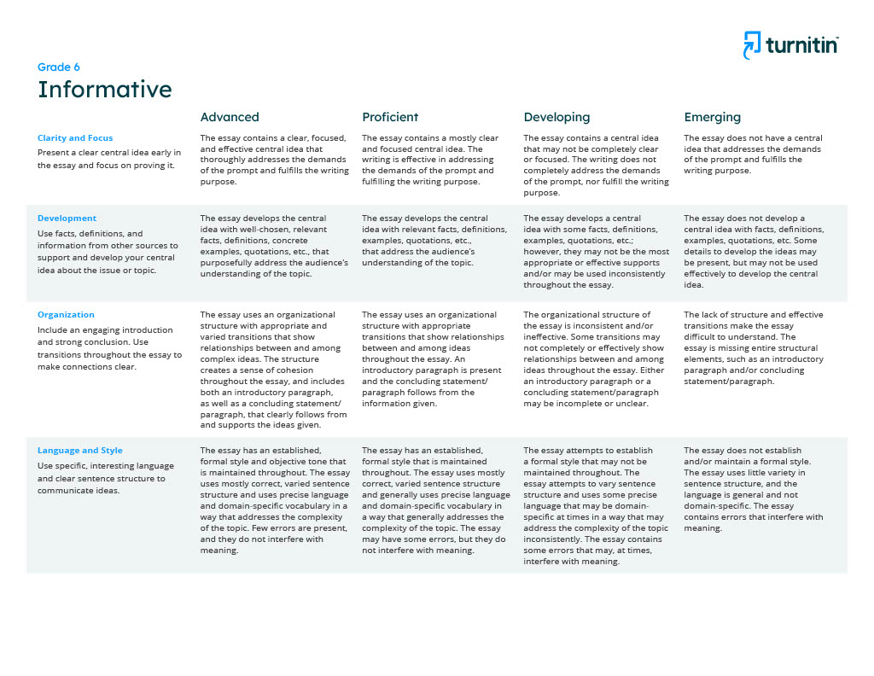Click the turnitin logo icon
coord(751,45)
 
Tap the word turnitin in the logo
coord(801,46)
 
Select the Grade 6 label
coord(59,67)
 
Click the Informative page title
coord(104,90)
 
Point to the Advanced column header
coord(230,117)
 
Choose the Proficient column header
coord(390,117)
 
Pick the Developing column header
coord(556,117)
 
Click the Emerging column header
coord(713,117)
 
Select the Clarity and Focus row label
coord(75,137)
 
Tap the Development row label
coord(67,218)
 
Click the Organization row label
coord(66,314)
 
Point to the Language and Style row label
coord(80,450)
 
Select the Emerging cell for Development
coord(754,252)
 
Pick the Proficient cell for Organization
coord(434,358)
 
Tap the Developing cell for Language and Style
coord(596,505)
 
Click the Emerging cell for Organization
coord(754,347)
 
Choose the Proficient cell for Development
coord(434,241)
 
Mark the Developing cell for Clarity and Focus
coord(596,165)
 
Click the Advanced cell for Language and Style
coord(274,500)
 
